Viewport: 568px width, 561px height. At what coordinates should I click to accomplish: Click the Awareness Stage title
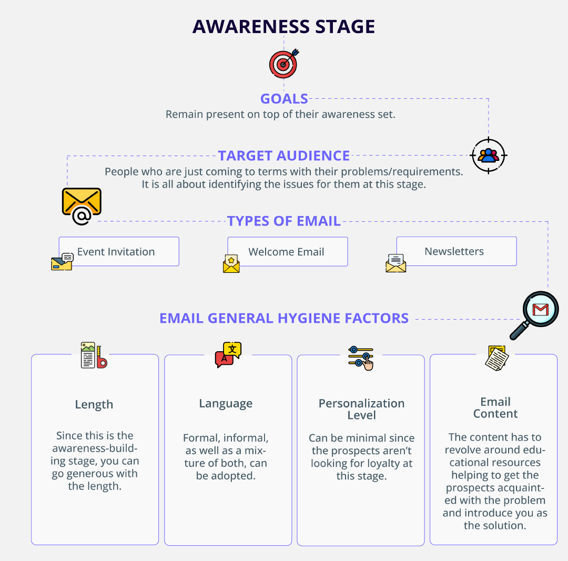pyautogui.click(x=283, y=27)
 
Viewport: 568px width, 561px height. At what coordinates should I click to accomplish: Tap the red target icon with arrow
pyautogui.click(x=283, y=64)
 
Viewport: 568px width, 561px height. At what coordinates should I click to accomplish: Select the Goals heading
pyautogui.click(x=284, y=99)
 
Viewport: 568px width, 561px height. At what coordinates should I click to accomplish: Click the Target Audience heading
pyautogui.click(x=284, y=156)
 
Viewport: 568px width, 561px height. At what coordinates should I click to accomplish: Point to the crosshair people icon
pyautogui.click(x=489, y=155)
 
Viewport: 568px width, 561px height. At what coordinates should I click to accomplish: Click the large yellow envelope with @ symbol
pyautogui.click(x=82, y=206)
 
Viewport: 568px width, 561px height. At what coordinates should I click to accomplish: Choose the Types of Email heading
pyautogui.click(x=284, y=221)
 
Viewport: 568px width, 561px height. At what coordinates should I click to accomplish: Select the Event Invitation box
pyautogui.click(x=119, y=252)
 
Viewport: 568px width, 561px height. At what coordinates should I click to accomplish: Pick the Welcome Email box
pyautogui.click(x=287, y=252)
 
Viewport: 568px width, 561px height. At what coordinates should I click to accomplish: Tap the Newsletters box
pyautogui.click(x=455, y=251)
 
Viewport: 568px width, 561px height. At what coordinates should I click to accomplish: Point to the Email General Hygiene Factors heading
pyautogui.click(x=284, y=318)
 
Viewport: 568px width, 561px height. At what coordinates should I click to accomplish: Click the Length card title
pyautogui.click(x=94, y=404)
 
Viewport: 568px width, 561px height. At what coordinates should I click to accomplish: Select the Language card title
pyautogui.click(x=226, y=404)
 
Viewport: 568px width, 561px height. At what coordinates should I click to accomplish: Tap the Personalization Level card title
pyautogui.click(x=361, y=409)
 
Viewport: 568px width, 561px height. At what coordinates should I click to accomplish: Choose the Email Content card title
pyautogui.click(x=495, y=408)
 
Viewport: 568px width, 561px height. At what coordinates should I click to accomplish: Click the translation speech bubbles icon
pyautogui.click(x=228, y=354)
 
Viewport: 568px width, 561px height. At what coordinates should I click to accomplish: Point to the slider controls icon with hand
pyautogui.click(x=361, y=358)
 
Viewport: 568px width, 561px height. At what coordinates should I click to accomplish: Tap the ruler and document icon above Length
pyautogui.click(x=94, y=355)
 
